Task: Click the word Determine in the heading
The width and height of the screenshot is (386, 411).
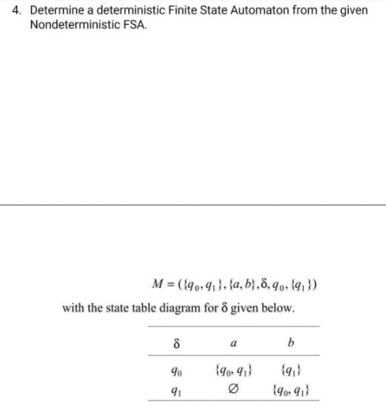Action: pos(57,12)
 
